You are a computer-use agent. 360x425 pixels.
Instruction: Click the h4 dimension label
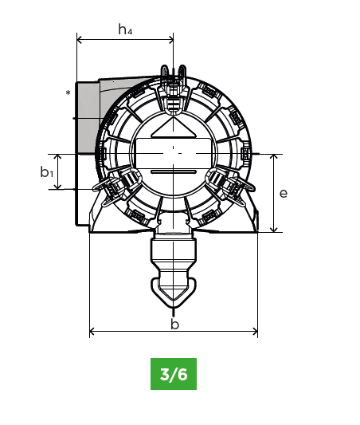[125, 30]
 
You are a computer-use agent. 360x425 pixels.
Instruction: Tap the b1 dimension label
[46, 172]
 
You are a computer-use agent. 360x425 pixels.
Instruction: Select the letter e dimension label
[283, 194]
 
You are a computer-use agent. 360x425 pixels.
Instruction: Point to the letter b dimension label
[175, 324]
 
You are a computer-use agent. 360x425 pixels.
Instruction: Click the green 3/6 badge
[174, 374]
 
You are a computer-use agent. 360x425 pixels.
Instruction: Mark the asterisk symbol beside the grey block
[68, 93]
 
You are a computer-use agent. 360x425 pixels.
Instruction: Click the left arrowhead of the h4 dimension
[80, 40]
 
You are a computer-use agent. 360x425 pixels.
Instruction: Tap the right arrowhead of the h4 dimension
[170, 40]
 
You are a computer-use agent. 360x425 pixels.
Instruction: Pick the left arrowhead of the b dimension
[92, 331]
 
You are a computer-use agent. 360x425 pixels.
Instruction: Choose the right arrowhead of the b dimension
[255, 331]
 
